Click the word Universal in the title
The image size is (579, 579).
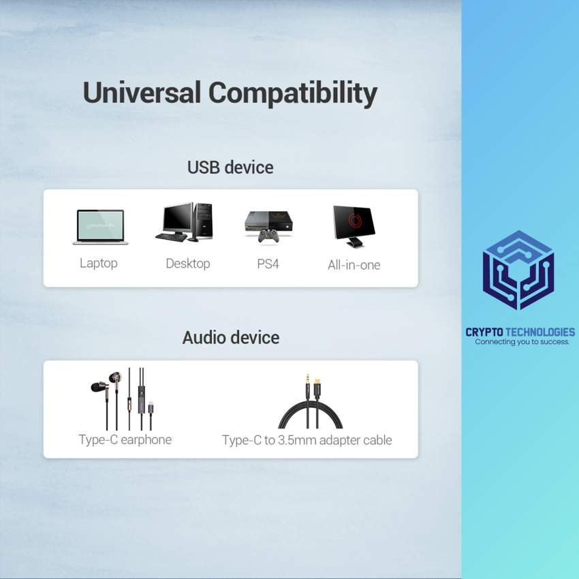[142, 93]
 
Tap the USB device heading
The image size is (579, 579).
[230, 167]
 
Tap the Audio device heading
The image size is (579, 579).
[230, 337]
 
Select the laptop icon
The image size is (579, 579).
[99, 227]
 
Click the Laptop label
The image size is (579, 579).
[99, 263]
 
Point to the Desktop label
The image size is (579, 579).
[188, 263]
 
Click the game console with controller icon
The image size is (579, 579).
[268, 227]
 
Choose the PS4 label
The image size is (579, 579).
[268, 264]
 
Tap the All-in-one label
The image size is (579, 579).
[354, 264]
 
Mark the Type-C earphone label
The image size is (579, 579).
[125, 439]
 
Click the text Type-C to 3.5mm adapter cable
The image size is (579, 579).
[307, 440]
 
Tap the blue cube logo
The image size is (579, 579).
[518, 270]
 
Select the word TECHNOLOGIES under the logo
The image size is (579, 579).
[540, 332]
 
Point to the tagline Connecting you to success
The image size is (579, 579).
[522, 342]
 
